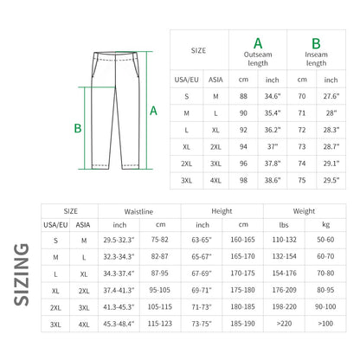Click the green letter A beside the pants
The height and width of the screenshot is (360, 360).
coord(153,111)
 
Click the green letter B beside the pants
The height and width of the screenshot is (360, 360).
coord(77,129)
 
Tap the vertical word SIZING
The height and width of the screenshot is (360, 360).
coord(22,276)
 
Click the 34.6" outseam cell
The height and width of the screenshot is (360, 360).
coord(273,95)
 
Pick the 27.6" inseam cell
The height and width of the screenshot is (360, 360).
coord(331,95)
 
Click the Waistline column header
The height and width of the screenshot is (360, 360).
coord(139,210)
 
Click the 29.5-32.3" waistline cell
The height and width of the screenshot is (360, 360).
coord(119,240)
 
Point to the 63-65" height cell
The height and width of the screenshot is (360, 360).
coord(201,240)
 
